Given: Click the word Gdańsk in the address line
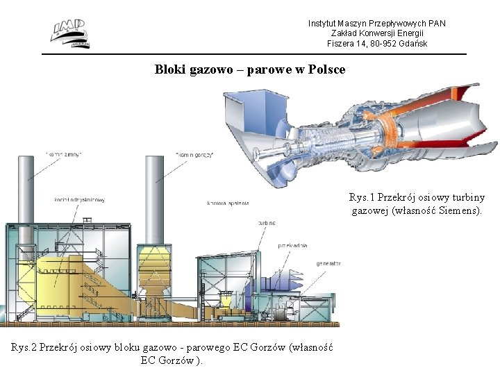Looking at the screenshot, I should pos(413,44).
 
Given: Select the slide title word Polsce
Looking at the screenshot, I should pos(326,70).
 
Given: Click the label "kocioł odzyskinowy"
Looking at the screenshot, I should pos(79,201).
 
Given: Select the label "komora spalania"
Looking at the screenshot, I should pos(228,203).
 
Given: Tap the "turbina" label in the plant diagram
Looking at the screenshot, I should pos(267,223).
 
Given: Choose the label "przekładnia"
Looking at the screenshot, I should pos(292,245).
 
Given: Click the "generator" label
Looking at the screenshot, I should pos(328,263).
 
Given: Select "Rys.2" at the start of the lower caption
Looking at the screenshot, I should pos(24,348).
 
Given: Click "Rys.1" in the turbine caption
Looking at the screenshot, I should pos(362,197).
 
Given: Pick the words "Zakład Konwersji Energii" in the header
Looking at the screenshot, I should pos(377,33).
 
